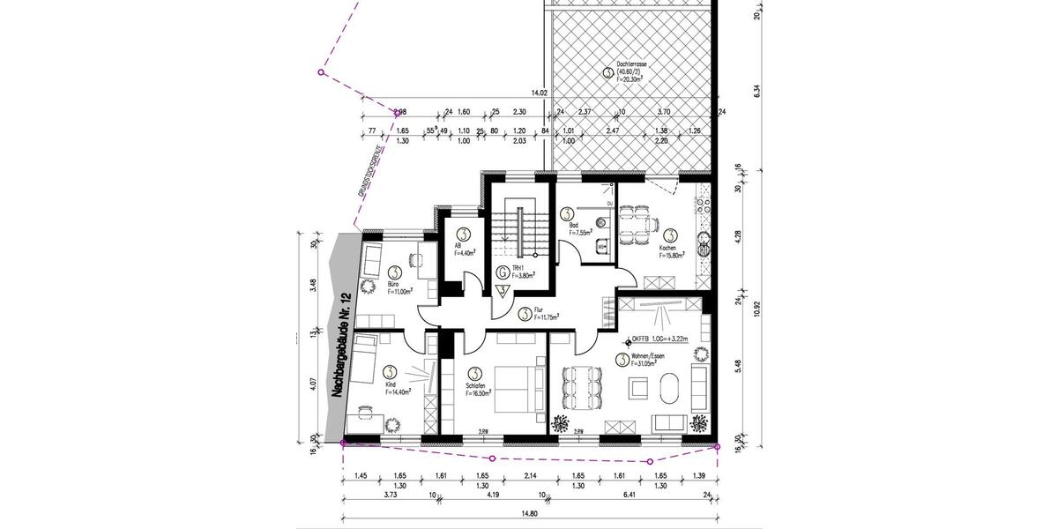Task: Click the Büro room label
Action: pos(394,285)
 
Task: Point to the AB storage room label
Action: pos(458,246)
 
